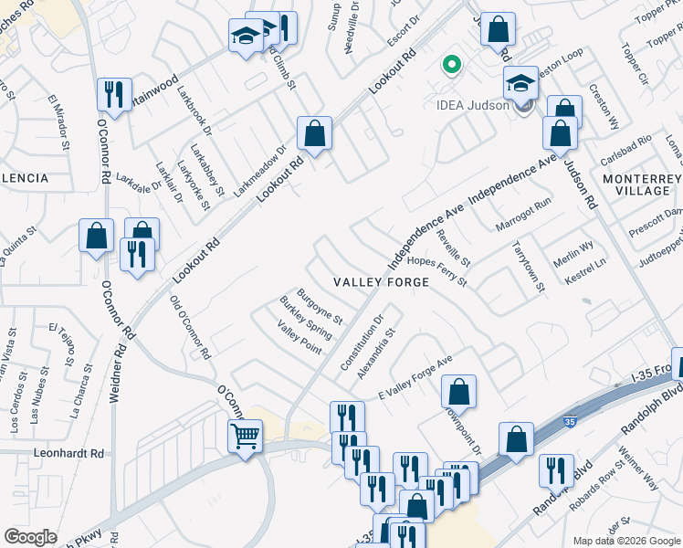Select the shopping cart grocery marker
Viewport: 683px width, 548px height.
point(246,437)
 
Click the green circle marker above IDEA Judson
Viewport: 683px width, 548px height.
point(450,65)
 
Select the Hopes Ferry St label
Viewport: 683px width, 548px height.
point(437,271)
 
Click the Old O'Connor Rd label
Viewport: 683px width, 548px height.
point(191,327)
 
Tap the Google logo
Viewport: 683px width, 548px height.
point(30,536)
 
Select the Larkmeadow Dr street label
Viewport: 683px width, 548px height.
point(262,163)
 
